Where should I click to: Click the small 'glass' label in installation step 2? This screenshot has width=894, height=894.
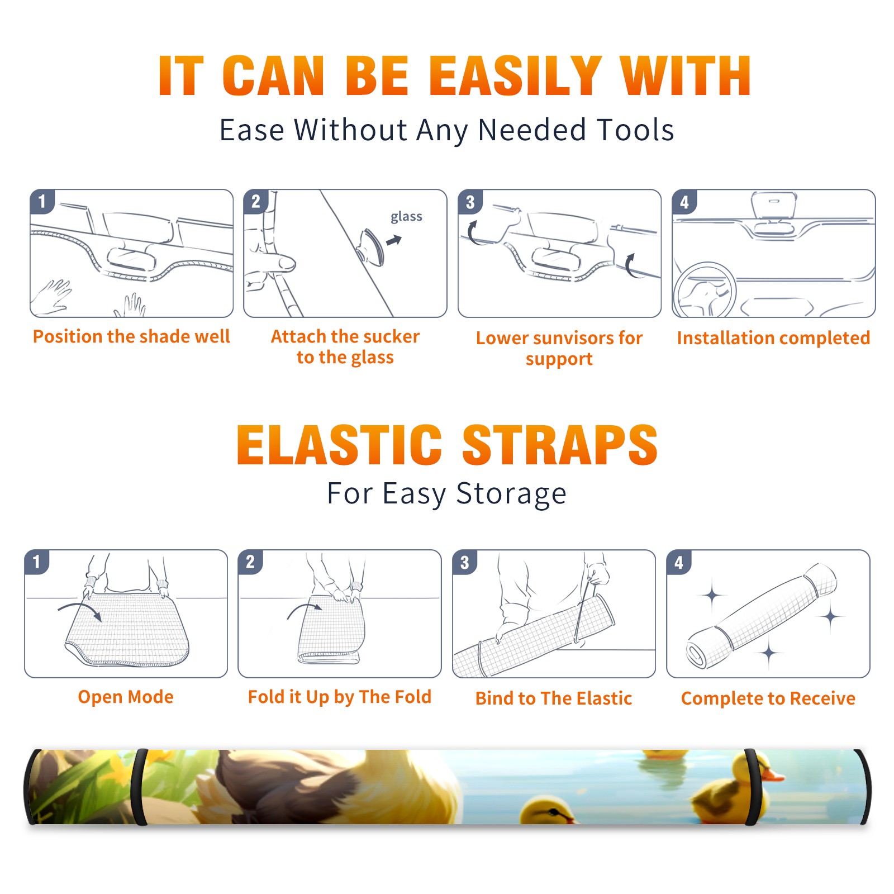[x=406, y=217]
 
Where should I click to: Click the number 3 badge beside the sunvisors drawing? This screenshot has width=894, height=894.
[x=470, y=202]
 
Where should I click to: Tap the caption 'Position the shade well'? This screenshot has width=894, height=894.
[x=131, y=336]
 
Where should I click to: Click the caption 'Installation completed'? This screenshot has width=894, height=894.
[x=773, y=337]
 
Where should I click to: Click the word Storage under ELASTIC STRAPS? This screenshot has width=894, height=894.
[x=511, y=494]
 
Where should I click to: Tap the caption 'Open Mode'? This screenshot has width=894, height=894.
[x=126, y=697]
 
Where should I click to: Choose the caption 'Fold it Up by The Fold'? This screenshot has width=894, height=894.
[x=340, y=697]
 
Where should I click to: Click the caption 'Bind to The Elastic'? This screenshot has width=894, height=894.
[x=554, y=698]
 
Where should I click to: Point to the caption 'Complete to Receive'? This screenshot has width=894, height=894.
[x=768, y=698]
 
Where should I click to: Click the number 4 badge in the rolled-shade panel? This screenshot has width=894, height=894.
[x=679, y=562]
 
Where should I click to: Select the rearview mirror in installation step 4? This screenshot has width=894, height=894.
[x=774, y=205]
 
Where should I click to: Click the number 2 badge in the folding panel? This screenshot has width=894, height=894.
[x=250, y=562]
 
